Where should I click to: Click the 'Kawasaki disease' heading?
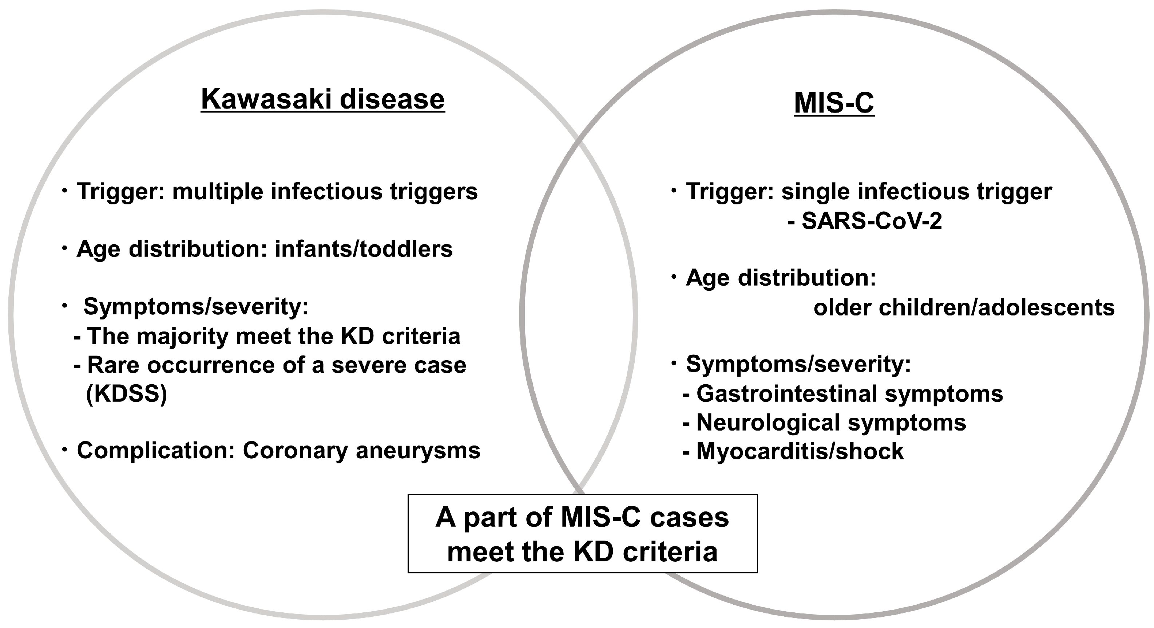(322, 99)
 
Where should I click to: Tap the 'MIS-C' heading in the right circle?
(834, 103)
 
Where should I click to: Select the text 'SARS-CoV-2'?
(871, 221)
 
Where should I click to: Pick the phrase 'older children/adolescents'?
(964, 307)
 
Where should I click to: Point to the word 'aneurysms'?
(418, 451)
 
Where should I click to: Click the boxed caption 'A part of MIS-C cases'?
(582, 517)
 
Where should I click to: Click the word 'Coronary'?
(295, 451)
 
